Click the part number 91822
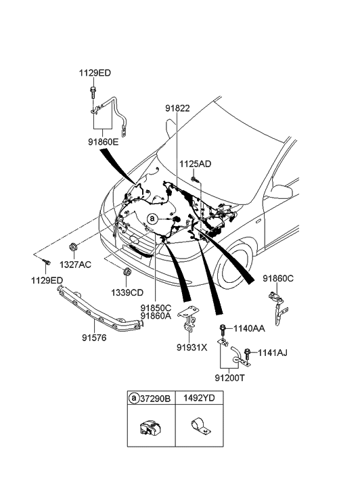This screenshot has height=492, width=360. [x=178, y=108]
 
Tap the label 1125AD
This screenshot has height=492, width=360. [x=195, y=164]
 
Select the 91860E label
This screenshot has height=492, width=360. [x=104, y=142]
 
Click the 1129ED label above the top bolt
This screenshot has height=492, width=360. [x=95, y=73]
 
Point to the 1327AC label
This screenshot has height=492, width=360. [x=75, y=265]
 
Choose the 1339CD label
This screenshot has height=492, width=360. [x=127, y=293]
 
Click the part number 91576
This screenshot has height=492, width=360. [x=94, y=338]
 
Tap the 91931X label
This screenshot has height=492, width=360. [x=192, y=347]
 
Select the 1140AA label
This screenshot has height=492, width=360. [x=249, y=328]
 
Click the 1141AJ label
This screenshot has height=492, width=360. [x=273, y=353]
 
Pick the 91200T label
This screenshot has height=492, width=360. [x=229, y=378]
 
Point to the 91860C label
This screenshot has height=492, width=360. [x=278, y=278]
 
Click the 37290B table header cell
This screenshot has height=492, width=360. [x=151, y=399]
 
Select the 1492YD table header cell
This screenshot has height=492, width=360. [x=199, y=398]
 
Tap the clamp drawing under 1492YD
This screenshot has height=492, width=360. [x=201, y=426]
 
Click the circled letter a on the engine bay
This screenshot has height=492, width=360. [x=152, y=219]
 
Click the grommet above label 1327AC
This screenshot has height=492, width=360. [x=73, y=247]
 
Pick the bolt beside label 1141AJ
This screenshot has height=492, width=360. [x=248, y=354]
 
